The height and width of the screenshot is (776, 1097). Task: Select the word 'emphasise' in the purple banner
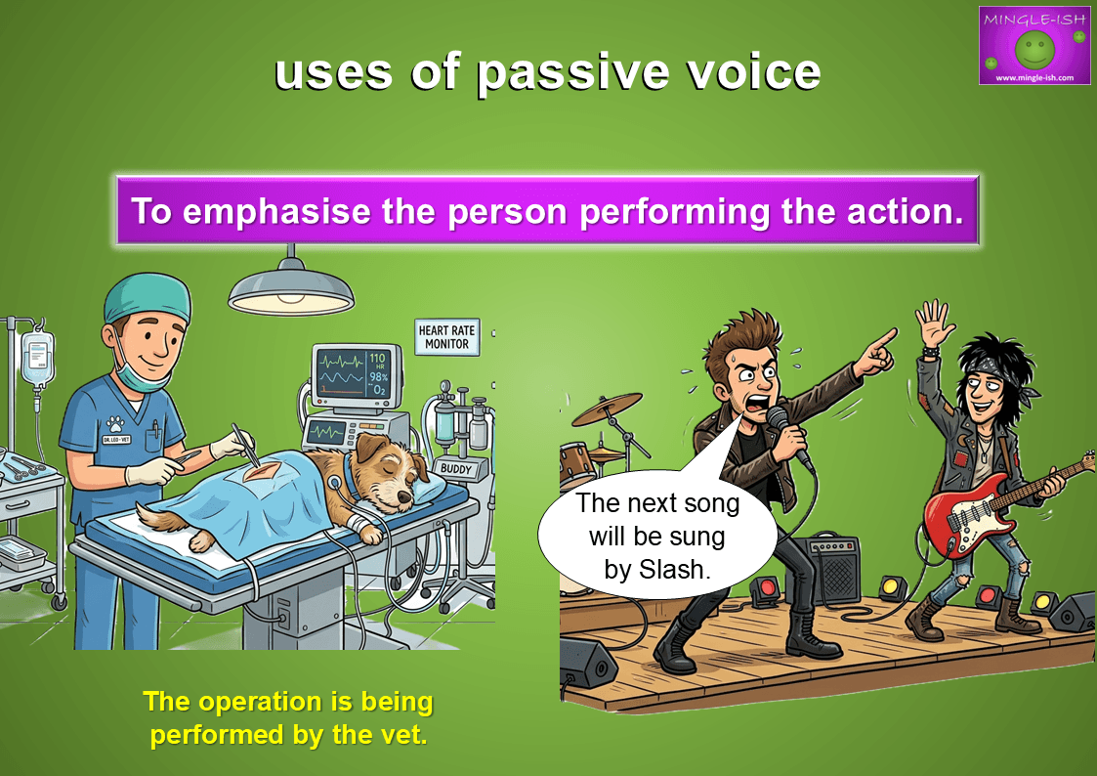click(x=276, y=211)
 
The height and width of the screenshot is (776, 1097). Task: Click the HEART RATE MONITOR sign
click(x=446, y=337)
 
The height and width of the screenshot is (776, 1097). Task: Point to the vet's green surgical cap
click(x=148, y=297)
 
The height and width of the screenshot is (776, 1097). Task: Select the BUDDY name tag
click(x=456, y=469)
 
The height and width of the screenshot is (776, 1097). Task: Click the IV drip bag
click(x=38, y=357)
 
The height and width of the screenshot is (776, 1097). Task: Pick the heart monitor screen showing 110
click(x=356, y=375)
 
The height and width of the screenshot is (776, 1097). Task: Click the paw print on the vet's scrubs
click(x=114, y=424)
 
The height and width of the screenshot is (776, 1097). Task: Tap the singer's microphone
click(x=787, y=434)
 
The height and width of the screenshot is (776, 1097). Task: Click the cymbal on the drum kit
click(x=607, y=409)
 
